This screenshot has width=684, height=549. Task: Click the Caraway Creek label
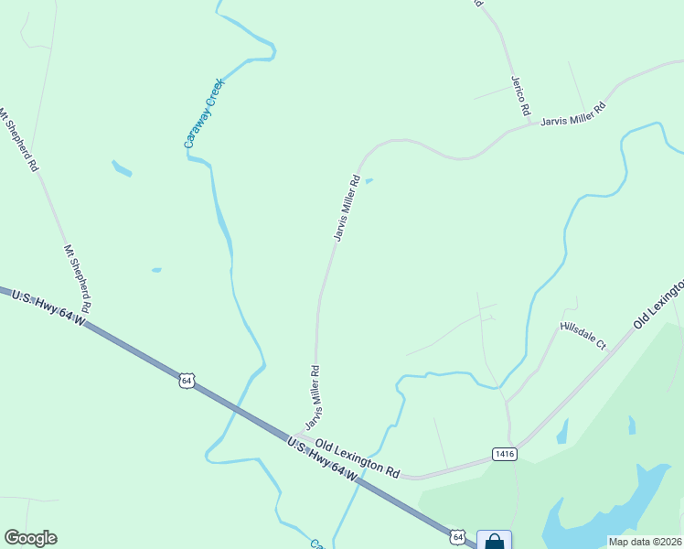pyautogui.click(x=204, y=113)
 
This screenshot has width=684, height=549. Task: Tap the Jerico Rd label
pyautogui.click(x=520, y=95)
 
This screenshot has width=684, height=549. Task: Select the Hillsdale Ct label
pyautogui.click(x=583, y=335)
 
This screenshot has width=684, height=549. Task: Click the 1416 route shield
pyautogui.click(x=504, y=454)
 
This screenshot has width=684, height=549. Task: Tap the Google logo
pyautogui.click(x=30, y=538)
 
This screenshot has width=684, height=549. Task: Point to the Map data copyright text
pyautogui.click(x=644, y=542)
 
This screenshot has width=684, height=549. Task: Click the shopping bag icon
pyautogui.click(x=494, y=541)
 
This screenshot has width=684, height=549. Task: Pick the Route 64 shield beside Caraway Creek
pyautogui.click(x=187, y=380)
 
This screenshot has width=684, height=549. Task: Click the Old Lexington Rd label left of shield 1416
pyautogui.click(x=358, y=458)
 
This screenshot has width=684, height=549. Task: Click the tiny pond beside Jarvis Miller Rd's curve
pyautogui.click(x=369, y=181)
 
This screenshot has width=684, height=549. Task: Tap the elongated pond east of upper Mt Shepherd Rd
pyautogui.click(x=121, y=168)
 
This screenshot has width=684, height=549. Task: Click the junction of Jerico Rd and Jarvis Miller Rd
pyautogui.click(x=529, y=124)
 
